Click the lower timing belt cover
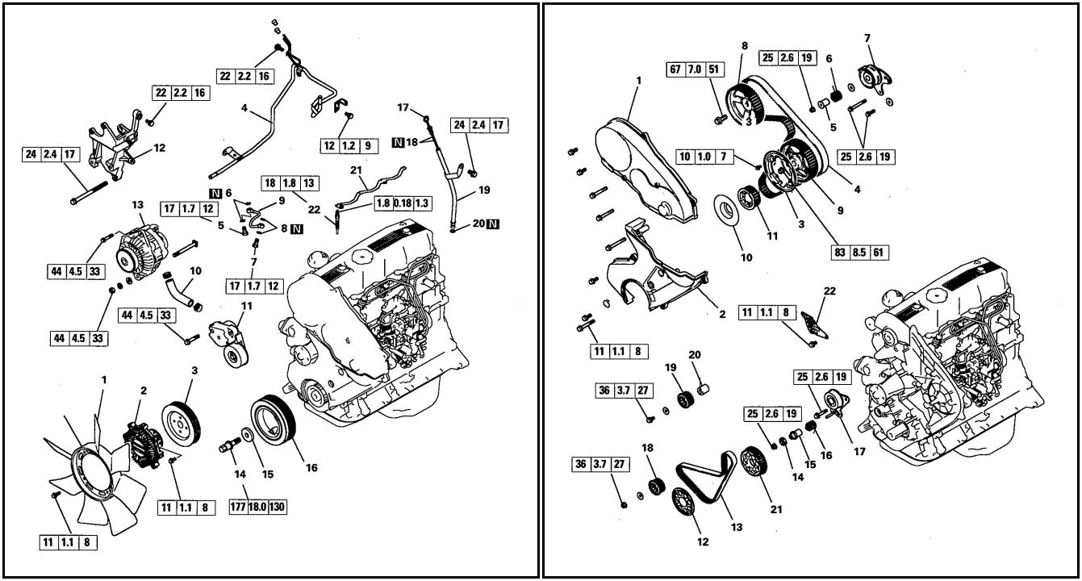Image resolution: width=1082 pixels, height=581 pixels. coord(654,266)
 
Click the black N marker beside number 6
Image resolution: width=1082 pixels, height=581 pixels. coord(215,193)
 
